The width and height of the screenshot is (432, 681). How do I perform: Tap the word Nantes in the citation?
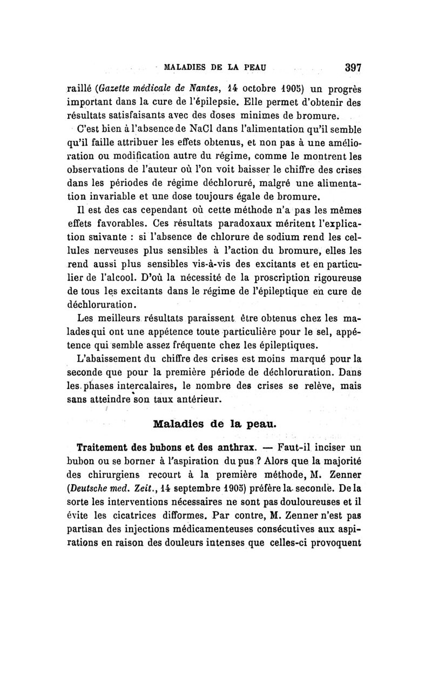pos(173,88)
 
